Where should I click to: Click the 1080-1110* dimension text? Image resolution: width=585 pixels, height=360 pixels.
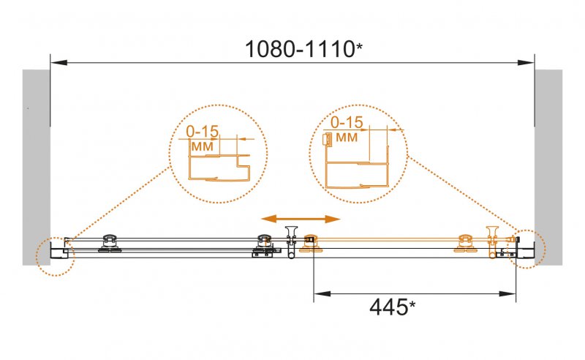point(303,49)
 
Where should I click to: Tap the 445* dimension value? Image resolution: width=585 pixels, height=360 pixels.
point(392,307)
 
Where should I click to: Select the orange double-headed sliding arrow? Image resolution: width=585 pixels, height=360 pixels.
point(301,219)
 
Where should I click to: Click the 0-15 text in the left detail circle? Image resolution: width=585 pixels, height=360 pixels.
point(203,132)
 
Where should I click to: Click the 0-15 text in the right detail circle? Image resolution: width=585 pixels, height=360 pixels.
point(347,122)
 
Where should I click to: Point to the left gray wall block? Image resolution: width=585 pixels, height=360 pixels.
point(36,168)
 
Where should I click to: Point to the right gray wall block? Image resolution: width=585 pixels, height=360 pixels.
point(548,168)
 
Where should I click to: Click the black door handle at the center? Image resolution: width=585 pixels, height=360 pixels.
point(290,241)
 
